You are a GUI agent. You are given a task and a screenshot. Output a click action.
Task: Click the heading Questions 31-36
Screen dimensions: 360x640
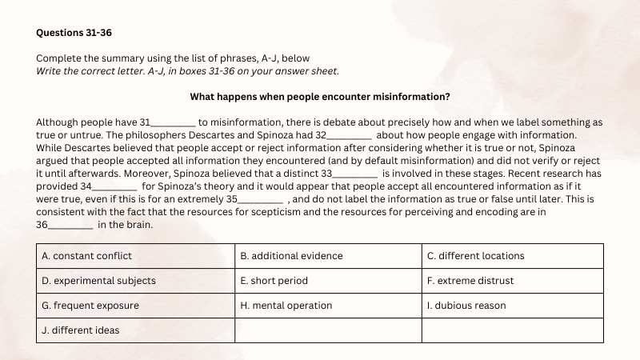click(x=71, y=33)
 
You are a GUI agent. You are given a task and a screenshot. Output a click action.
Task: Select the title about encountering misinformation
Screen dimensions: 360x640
click(x=319, y=97)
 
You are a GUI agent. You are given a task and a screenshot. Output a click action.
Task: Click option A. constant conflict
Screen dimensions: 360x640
click(x=86, y=256)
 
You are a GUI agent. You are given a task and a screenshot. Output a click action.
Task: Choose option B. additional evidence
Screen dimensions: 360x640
click(x=291, y=256)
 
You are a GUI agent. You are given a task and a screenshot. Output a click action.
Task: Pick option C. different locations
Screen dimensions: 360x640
click(x=475, y=256)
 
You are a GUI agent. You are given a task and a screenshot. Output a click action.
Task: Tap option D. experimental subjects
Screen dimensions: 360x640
click(x=98, y=281)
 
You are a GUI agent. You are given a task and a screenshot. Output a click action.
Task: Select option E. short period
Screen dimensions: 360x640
click(x=274, y=281)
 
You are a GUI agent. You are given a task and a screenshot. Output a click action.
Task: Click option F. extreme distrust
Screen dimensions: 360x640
click(x=470, y=281)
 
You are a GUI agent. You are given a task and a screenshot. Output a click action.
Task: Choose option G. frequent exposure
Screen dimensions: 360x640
click(x=90, y=306)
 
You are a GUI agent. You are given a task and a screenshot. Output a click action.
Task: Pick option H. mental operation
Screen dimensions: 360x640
click(x=286, y=306)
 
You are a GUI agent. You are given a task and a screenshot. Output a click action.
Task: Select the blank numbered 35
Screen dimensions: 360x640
click(x=261, y=200)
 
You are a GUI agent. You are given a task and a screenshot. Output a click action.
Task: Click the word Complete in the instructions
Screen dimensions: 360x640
click(x=59, y=58)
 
